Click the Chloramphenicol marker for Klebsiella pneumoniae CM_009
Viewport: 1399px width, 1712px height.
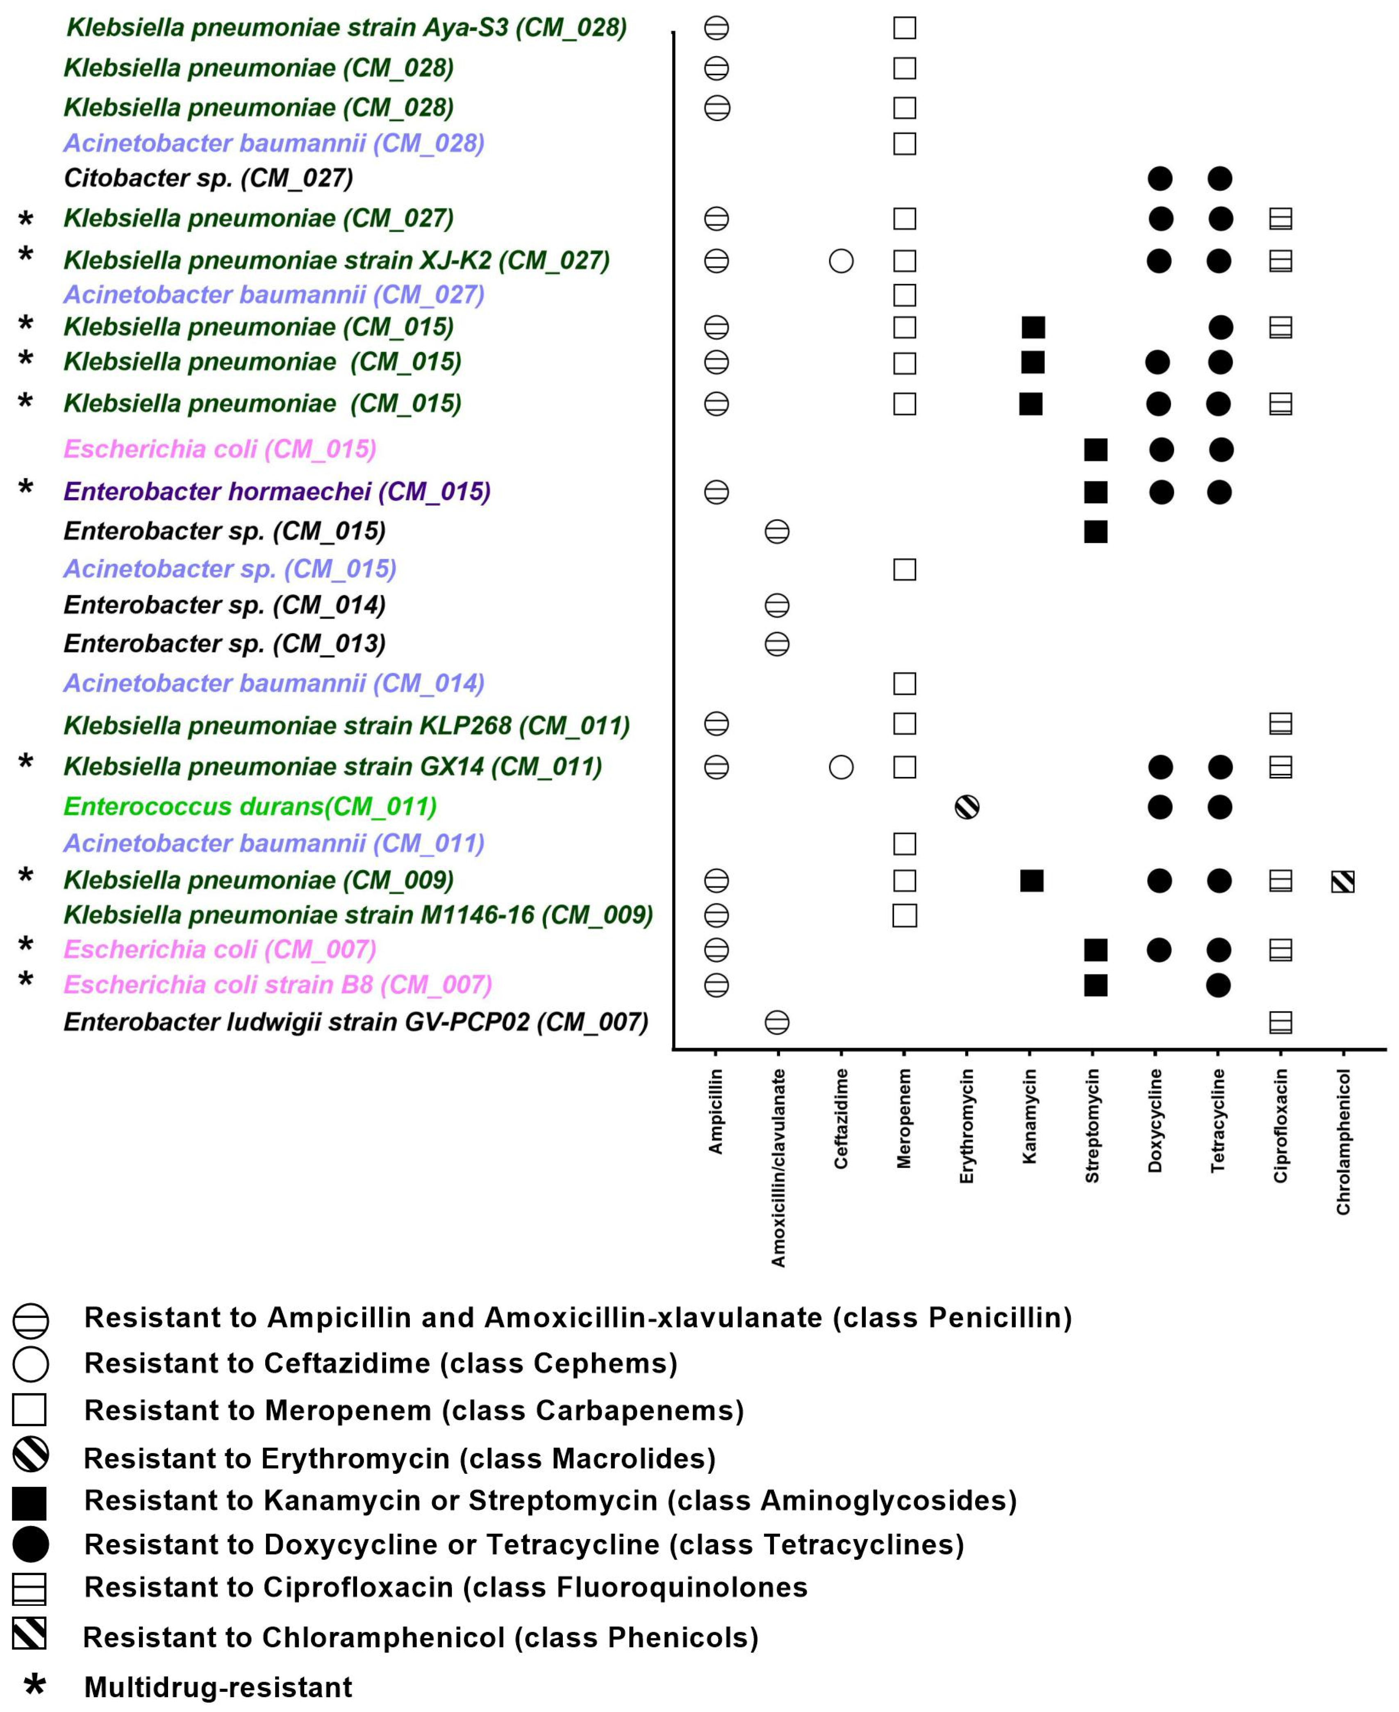(x=1342, y=882)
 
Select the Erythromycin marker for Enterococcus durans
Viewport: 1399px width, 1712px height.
(x=967, y=807)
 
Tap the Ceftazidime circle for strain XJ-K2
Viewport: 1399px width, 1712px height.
(x=841, y=261)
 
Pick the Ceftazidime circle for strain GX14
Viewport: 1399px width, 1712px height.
(x=841, y=767)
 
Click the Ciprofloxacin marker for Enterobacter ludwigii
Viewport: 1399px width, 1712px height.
(x=1281, y=1023)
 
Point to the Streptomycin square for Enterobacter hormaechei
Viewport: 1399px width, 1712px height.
(x=1095, y=492)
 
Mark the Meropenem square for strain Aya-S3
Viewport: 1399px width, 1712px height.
(x=904, y=28)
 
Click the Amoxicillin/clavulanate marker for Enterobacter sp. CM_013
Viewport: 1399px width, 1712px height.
(x=777, y=644)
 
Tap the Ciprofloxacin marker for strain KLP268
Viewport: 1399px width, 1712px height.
(x=1281, y=724)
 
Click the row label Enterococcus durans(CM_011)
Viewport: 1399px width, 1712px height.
(x=250, y=807)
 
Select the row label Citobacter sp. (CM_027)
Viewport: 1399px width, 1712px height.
(x=208, y=178)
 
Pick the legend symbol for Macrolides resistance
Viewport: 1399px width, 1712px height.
(x=31, y=1455)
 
